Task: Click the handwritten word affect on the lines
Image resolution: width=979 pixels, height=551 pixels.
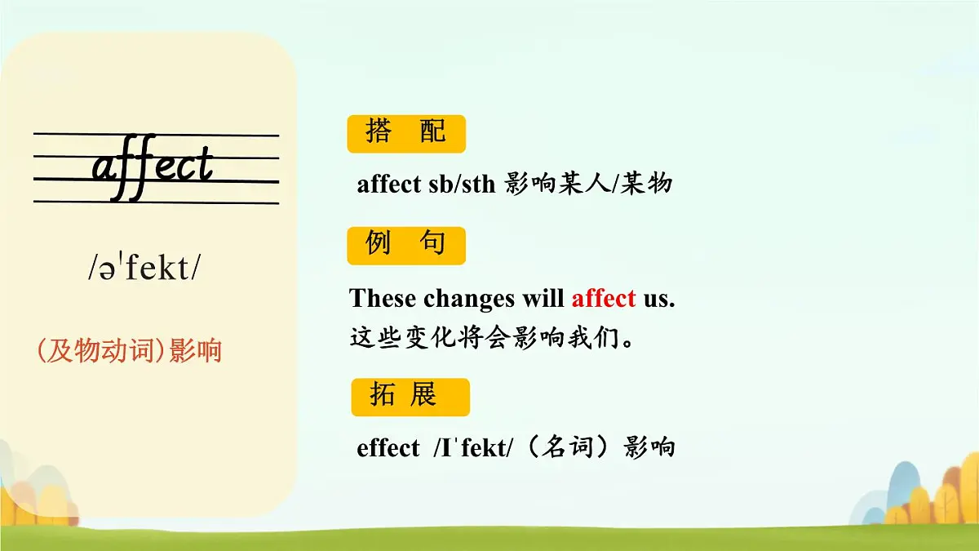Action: pyautogui.click(x=153, y=168)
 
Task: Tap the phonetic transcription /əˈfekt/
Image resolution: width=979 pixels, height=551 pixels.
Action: pyautogui.click(x=143, y=268)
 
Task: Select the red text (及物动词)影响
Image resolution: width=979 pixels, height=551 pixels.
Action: pyautogui.click(x=129, y=351)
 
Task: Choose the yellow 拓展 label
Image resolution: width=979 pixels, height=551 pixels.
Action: pyautogui.click(x=410, y=397)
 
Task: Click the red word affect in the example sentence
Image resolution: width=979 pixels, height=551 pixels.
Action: pyautogui.click(x=604, y=299)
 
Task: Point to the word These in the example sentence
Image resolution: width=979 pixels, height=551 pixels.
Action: pyautogui.click(x=383, y=299)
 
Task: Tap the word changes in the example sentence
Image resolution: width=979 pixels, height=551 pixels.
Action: pyautogui.click(x=469, y=299)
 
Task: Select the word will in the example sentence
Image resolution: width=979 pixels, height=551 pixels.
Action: pyautogui.click(x=544, y=299)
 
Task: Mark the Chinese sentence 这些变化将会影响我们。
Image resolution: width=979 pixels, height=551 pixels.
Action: pyautogui.click(x=492, y=337)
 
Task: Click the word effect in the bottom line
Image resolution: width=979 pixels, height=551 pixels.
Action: pyautogui.click(x=388, y=448)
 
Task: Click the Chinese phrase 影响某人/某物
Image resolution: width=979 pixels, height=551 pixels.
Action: pyautogui.click(x=588, y=184)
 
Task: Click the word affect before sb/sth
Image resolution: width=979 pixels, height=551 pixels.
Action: pyautogui.click(x=389, y=184)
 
